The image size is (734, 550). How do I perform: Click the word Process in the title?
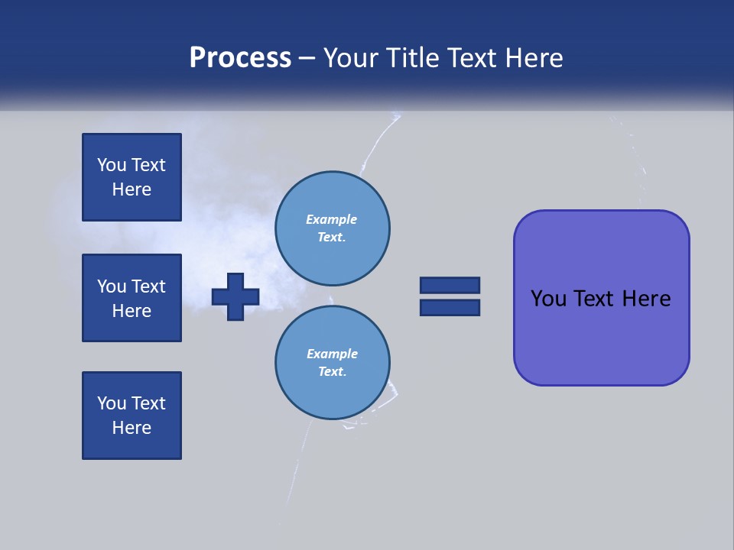point(240,58)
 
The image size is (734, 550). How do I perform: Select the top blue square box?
point(132,177)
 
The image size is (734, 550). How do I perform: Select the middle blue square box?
point(132,298)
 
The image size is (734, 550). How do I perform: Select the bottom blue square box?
point(132,416)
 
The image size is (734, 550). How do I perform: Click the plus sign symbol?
point(235,296)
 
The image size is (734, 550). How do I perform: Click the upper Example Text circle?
point(332,228)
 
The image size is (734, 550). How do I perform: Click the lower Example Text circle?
point(332,363)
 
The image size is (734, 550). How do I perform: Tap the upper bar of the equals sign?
point(450,286)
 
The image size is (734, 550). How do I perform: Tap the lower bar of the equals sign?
point(450,307)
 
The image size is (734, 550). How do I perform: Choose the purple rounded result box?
point(601,336)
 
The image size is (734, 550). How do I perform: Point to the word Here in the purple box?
point(646,299)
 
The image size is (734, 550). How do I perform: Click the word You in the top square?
point(112,165)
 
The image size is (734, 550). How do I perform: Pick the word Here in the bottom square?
point(132,428)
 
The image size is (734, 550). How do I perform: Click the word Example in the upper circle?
point(331,219)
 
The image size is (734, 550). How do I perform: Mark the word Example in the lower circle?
point(332,354)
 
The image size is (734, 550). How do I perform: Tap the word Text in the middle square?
point(148,286)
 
